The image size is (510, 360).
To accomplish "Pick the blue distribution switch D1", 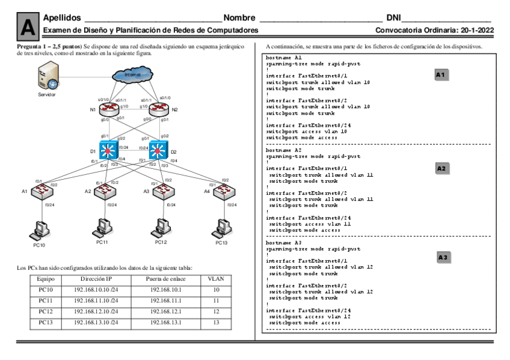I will pyautogui.click(x=109, y=149).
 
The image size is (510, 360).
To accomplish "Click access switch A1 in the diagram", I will pyautogui.click(x=44, y=192).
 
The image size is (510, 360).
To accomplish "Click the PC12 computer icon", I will pyautogui.click(x=161, y=228).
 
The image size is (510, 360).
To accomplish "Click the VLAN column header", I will pyautogui.click(x=215, y=279).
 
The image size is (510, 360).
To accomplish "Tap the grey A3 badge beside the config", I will pyautogui.click(x=443, y=257).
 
